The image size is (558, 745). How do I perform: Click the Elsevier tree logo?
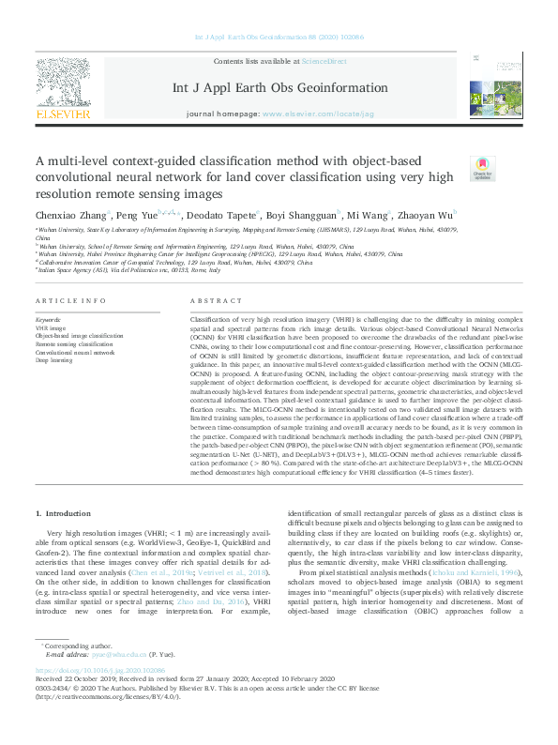click(64, 83)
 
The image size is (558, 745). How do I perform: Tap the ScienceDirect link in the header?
click(324, 61)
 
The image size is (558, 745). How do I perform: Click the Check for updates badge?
click(482, 168)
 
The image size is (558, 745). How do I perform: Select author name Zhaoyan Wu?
click(426, 215)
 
